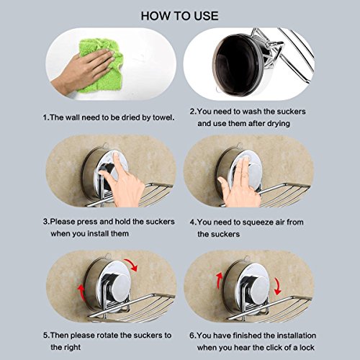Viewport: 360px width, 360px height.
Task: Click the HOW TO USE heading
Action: [x=179, y=16]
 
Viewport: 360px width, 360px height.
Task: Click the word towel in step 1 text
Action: [x=163, y=117]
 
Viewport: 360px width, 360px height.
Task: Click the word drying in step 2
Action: [x=279, y=124]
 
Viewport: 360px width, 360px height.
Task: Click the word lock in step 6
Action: [x=307, y=348]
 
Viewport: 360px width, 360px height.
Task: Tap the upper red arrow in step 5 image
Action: [x=131, y=264]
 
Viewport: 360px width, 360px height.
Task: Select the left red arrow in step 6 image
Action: [x=220, y=280]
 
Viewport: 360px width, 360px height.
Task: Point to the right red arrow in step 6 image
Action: [x=278, y=286]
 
